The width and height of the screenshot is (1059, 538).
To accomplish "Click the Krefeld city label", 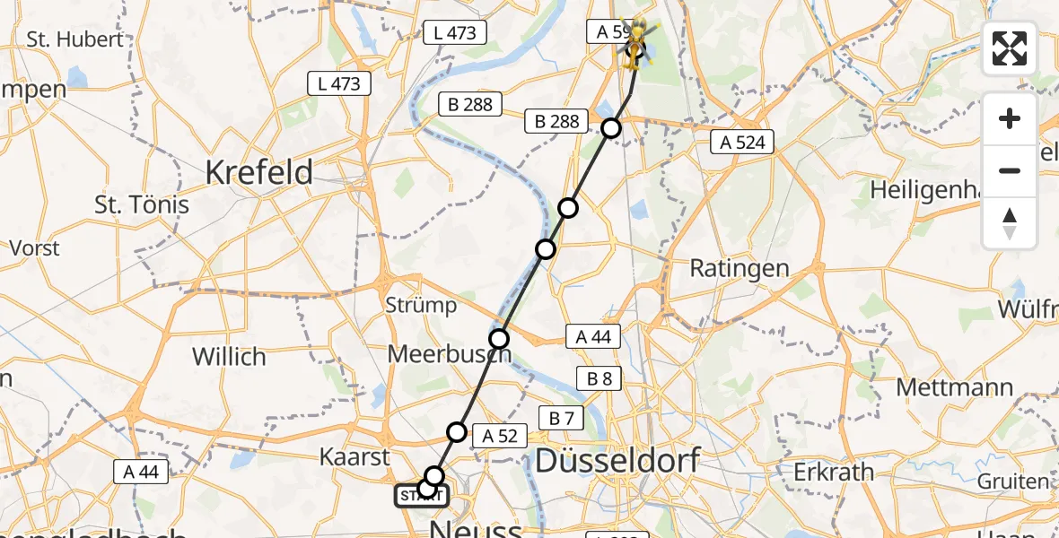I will (259, 171).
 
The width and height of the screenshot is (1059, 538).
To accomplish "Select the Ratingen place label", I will (739, 268).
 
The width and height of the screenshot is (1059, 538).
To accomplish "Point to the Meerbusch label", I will (449, 354).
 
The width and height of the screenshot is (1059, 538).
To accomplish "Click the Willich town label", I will (229, 357).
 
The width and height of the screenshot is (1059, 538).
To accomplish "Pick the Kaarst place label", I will (354, 456).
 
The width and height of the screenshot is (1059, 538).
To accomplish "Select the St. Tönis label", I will (142, 205).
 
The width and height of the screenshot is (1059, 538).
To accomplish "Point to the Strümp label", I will (421, 305).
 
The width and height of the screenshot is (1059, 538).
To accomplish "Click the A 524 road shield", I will (742, 141).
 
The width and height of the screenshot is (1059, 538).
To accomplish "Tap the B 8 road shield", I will (599, 378).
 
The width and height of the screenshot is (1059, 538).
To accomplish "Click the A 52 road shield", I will (499, 436).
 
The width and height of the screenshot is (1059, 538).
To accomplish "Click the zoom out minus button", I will (1010, 170).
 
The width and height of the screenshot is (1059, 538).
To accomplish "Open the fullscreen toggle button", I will (1010, 48).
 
